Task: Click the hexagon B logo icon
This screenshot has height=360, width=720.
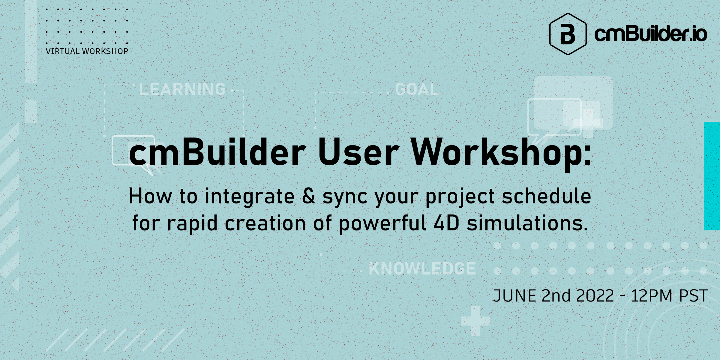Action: (568, 34)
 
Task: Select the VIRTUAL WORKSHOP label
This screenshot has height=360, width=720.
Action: (87, 51)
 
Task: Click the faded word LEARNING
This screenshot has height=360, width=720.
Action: (182, 89)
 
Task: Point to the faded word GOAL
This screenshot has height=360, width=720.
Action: (417, 89)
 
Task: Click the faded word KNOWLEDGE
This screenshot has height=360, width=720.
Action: (422, 268)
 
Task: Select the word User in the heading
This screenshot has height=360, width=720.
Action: (359, 154)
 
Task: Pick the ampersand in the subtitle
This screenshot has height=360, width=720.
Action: (308, 196)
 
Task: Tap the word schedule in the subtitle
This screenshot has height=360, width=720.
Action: (546, 196)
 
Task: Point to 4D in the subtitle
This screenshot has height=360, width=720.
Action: (447, 223)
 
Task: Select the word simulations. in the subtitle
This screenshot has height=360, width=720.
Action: (527, 223)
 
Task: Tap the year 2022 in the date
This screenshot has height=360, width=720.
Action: (595, 296)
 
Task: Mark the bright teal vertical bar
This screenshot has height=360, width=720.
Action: (712, 176)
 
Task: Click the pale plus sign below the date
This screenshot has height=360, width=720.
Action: (475, 321)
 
